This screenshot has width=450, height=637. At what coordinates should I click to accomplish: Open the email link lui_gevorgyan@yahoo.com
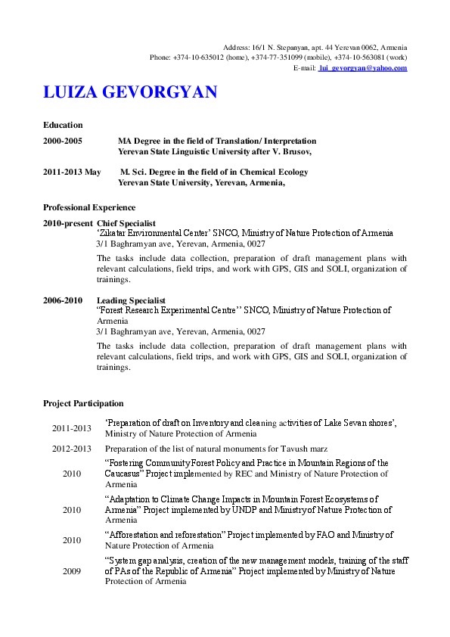(363, 68)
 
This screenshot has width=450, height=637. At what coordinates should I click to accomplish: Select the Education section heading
(63, 125)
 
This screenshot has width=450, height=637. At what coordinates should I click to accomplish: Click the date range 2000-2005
(63, 141)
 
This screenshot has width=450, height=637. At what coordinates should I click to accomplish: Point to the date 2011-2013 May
(72, 172)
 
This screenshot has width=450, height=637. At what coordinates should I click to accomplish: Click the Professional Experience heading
(89, 207)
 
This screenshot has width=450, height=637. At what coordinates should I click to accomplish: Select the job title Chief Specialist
(126, 224)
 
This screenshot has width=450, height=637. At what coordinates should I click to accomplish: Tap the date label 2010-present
(68, 224)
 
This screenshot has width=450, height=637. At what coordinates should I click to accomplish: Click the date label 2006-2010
(63, 300)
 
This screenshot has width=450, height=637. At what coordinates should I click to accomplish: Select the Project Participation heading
(83, 404)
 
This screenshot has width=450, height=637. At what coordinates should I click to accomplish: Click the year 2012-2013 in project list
(71, 449)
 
